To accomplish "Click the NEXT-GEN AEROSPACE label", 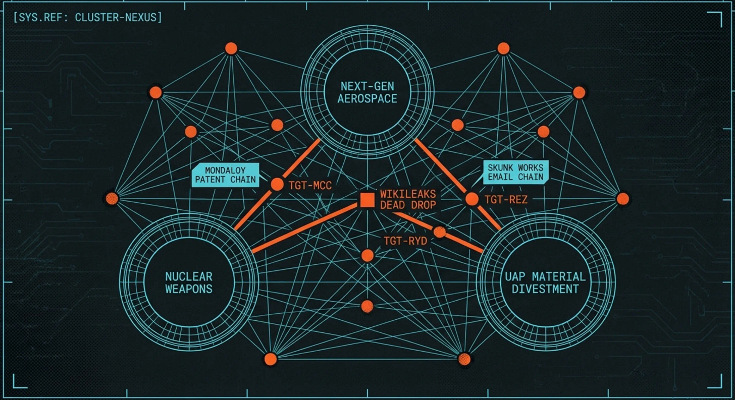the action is (x=367, y=92).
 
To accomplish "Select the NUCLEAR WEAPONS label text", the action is (x=189, y=282).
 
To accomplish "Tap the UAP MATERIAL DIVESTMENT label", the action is (x=545, y=282).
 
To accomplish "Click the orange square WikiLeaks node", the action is (x=367, y=200).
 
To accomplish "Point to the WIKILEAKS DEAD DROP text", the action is (x=407, y=200).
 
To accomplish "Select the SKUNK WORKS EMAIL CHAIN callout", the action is (x=515, y=172).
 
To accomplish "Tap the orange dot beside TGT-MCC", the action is (x=277, y=185).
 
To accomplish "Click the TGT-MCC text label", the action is (x=310, y=185).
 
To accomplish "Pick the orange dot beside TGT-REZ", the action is (x=471, y=199).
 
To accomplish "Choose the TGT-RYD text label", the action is (x=405, y=241).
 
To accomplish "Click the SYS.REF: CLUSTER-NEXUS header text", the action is (x=88, y=18).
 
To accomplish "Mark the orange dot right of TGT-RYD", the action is (x=440, y=232).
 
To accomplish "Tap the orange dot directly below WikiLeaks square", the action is (x=367, y=255).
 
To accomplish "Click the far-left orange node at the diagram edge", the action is (x=112, y=199).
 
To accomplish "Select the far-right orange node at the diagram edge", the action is (x=623, y=199).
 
